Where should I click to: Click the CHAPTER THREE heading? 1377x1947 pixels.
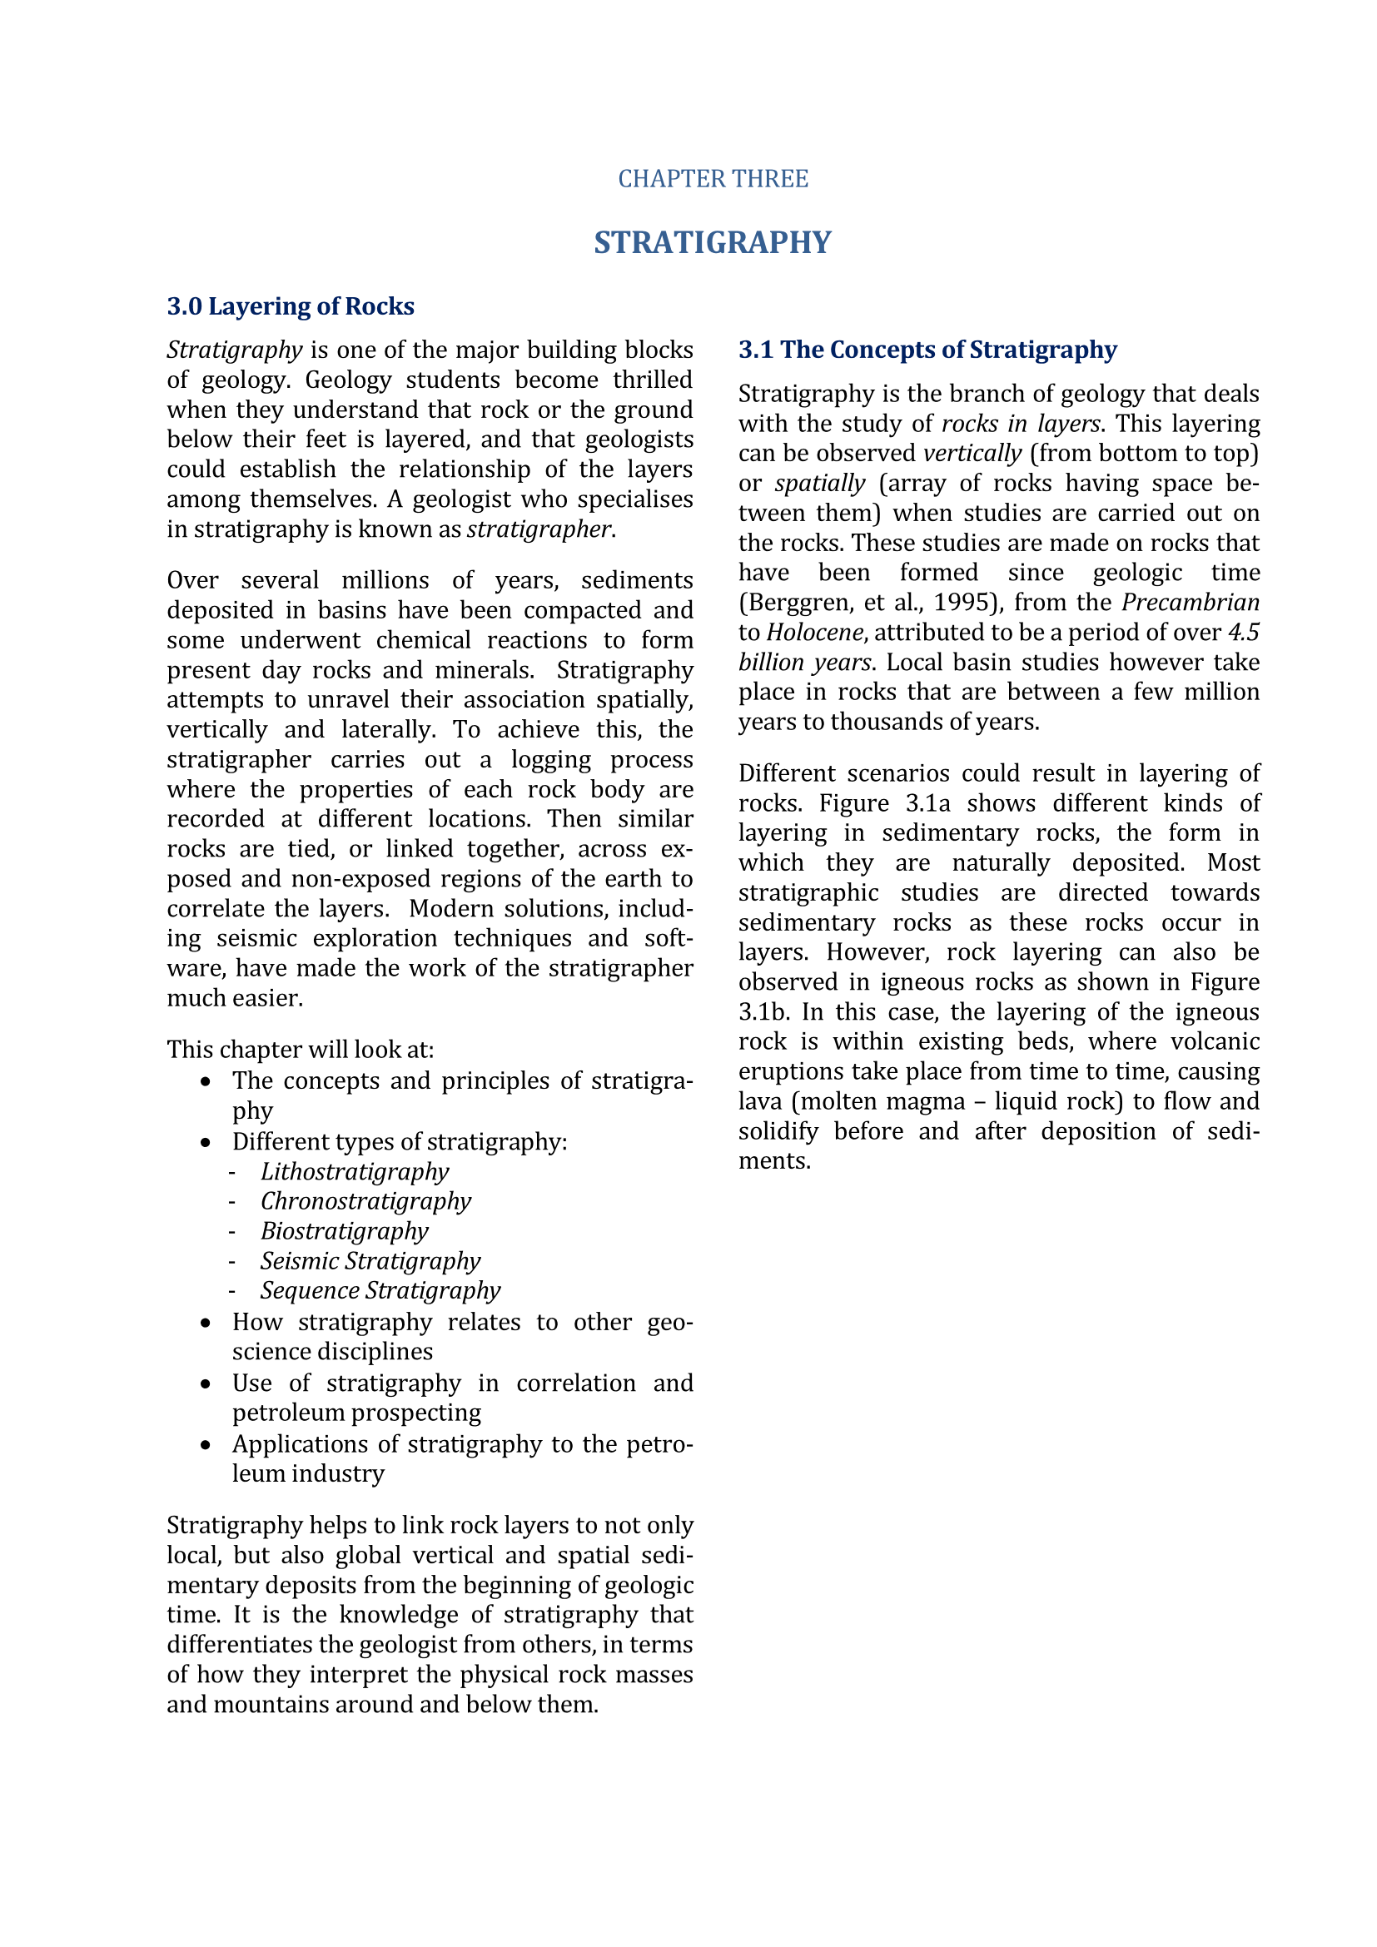tap(713, 179)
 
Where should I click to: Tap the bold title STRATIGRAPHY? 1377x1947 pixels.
tap(713, 242)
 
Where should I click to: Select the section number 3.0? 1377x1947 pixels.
tap(184, 306)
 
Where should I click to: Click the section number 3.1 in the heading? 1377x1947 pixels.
tap(755, 350)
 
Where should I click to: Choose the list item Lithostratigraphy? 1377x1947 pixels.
tap(355, 1171)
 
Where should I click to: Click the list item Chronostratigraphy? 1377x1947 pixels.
tap(365, 1201)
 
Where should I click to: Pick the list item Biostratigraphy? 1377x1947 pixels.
tap(345, 1230)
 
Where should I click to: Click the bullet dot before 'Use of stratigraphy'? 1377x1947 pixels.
tap(205, 1384)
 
